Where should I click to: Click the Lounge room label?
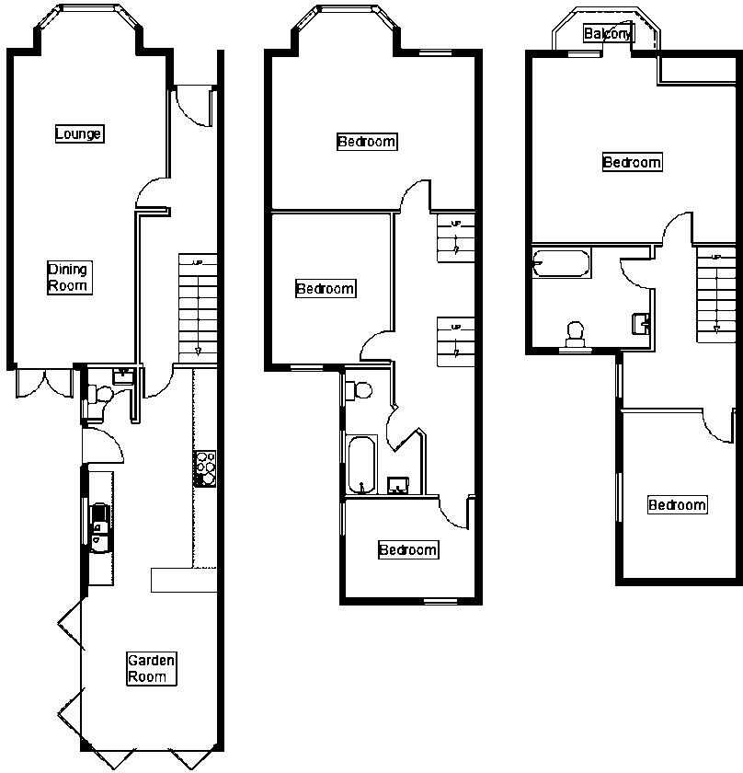pos(78,134)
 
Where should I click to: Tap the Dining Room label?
pos(68,278)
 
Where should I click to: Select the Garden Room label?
pos(151,669)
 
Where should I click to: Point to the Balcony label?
pos(608,34)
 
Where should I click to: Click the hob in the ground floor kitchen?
pos(204,469)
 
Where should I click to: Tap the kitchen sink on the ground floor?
pos(99,523)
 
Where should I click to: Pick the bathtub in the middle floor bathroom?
pos(359,464)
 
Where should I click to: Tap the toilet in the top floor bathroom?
pos(577,334)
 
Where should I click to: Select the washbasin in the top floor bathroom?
pos(642,323)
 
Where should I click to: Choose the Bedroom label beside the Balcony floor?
pos(632,163)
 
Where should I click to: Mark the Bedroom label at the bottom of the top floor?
pos(677,505)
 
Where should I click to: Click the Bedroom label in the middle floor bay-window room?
pos(367,142)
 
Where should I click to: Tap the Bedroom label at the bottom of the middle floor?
pos(408,550)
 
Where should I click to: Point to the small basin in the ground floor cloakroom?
pos(122,375)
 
